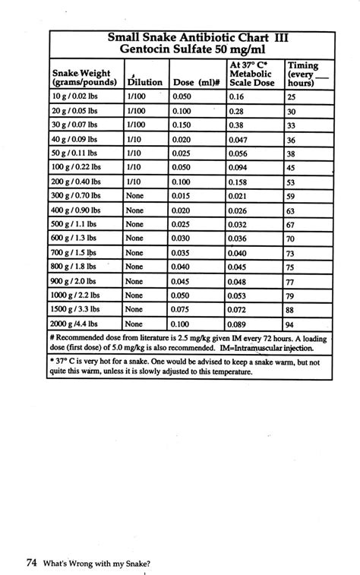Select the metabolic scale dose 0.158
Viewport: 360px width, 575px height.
pyautogui.click(x=240, y=182)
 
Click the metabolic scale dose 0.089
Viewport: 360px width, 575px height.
pyautogui.click(x=240, y=324)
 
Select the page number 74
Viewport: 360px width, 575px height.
pyautogui.click(x=32, y=563)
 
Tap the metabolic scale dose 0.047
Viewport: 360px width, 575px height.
pyautogui.click(x=240, y=140)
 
